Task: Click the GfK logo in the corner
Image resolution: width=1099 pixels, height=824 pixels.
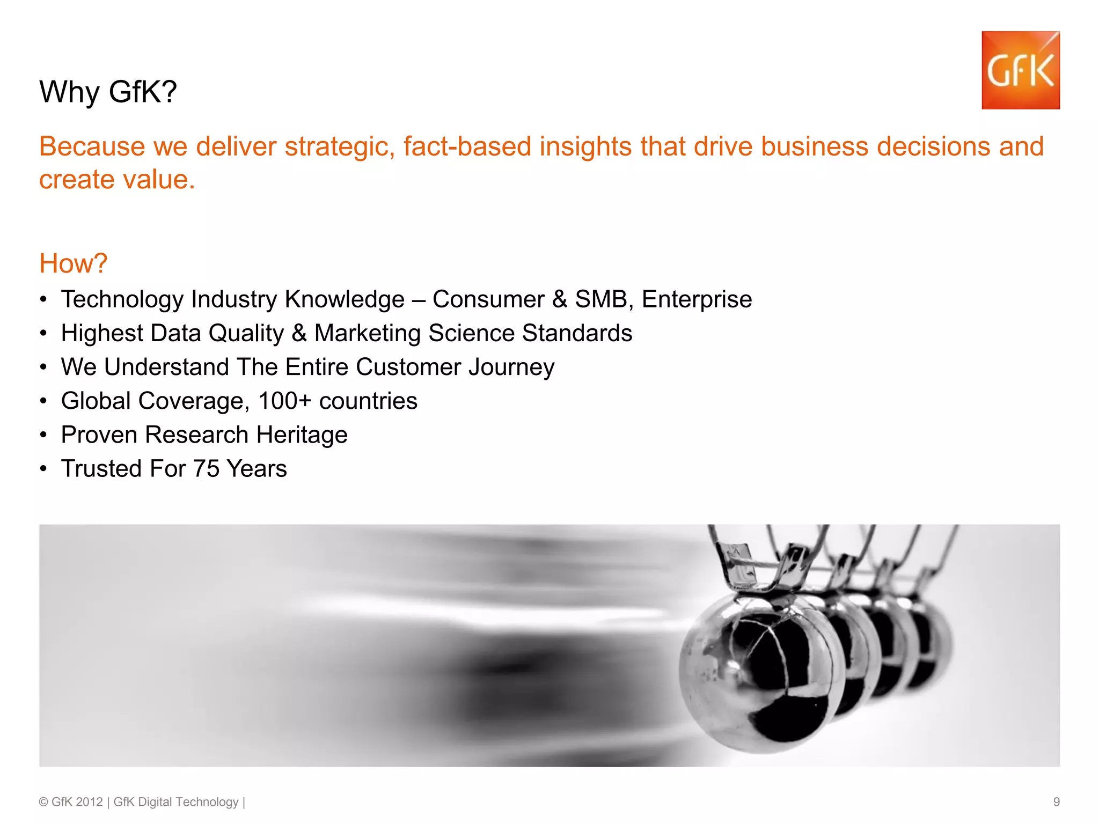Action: (1020, 70)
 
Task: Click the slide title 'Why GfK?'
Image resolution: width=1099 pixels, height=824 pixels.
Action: (108, 92)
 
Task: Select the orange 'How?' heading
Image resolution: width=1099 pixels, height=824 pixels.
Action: (74, 263)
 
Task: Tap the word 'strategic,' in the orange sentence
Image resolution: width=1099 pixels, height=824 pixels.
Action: (340, 146)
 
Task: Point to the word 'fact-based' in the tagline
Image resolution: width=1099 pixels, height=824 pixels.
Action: (467, 146)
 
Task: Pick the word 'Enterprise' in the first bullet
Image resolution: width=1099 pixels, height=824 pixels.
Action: (697, 299)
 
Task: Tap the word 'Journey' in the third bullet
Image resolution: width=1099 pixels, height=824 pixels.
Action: (511, 367)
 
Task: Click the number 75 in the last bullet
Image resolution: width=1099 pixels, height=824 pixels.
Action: (206, 469)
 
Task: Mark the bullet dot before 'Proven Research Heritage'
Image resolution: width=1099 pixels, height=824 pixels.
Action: (43, 435)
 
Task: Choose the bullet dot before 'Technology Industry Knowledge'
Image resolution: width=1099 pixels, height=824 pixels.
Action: (43, 299)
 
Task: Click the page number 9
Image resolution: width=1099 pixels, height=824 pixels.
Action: (1056, 802)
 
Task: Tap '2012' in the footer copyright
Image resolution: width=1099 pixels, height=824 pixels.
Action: (89, 802)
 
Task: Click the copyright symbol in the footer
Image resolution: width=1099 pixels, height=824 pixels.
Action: (43, 802)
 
